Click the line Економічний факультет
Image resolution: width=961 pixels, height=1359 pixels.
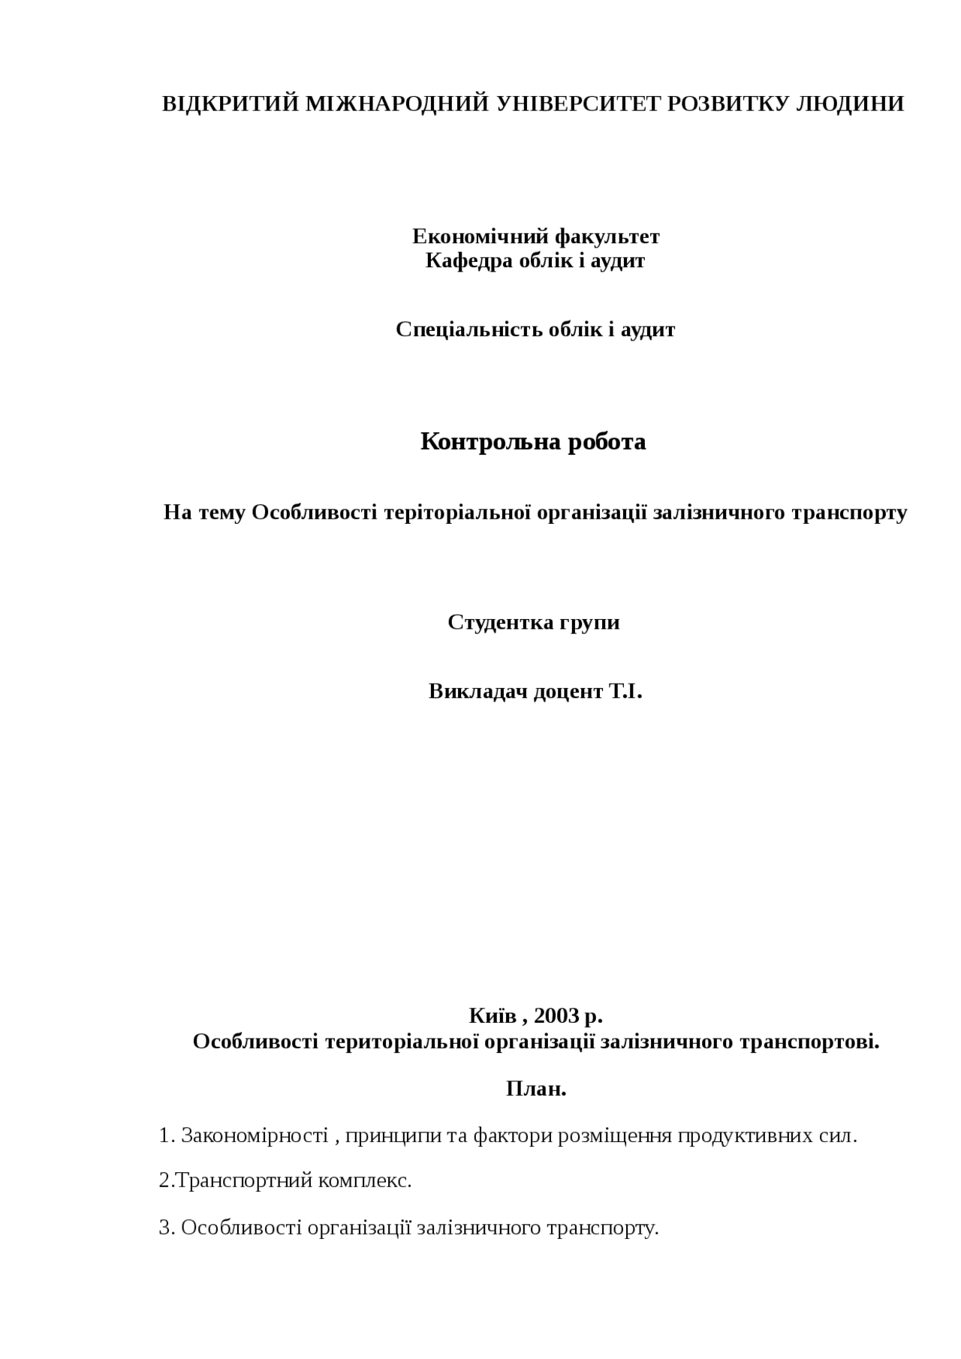coord(535,236)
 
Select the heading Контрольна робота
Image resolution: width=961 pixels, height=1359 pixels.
coord(533,441)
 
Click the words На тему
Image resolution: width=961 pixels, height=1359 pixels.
coord(204,513)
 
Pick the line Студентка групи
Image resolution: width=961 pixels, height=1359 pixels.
coord(534,622)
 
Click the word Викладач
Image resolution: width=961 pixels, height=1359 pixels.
coord(477,691)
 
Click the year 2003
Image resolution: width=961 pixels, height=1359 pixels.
coord(556,1016)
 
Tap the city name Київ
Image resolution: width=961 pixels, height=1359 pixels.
coord(493,1016)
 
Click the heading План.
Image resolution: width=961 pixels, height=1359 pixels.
coord(536,1089)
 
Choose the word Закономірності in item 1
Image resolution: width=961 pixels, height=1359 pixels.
coord(255,1135)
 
